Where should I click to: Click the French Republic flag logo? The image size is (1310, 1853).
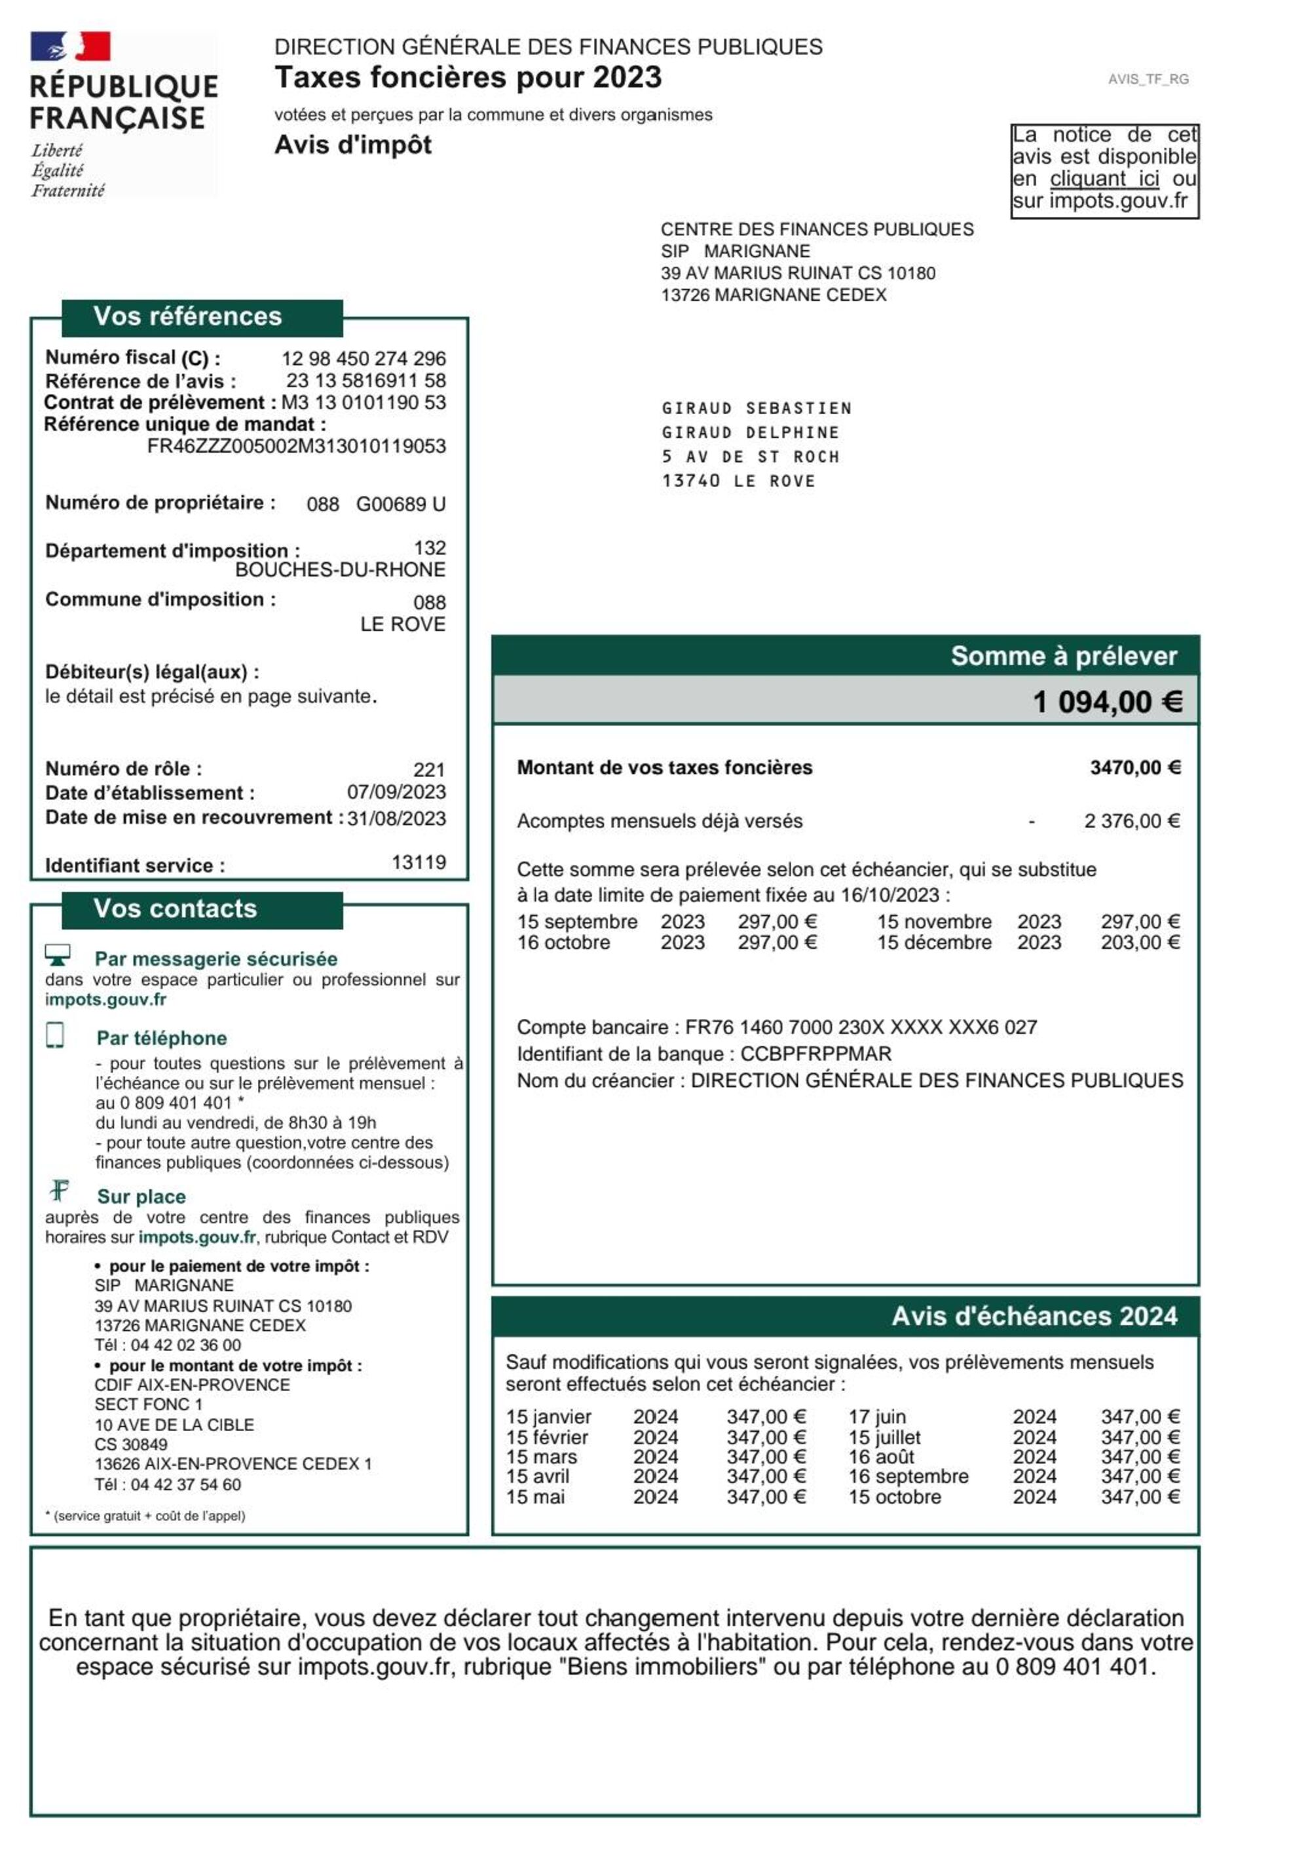[x=70, y=47]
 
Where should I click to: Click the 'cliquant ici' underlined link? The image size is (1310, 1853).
[x=1104, y=178]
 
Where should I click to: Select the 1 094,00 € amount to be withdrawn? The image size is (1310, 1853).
[x=1107, y=701]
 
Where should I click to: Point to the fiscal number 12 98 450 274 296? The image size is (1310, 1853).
[x=363, y=358]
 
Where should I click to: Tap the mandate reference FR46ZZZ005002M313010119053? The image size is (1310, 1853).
[x=296, y=446]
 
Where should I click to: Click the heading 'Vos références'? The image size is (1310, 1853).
[x=187, y=316]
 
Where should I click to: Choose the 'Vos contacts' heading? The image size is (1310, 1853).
[x=175, y=909]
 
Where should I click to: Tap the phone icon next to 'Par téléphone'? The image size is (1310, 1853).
[x=55, y=1035]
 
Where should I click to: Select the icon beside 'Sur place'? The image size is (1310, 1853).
[x=60, y=1191]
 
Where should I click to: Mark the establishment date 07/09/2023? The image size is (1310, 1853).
[x=396, y=792]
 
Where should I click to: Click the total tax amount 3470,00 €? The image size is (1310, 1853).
[x=1135, y=767]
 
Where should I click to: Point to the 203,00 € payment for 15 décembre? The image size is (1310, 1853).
[x=1140, y=943]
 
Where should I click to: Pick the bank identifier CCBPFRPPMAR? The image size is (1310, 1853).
[x=815, y=1054]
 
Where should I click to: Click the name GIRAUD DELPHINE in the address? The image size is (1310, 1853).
[x=750, y=432]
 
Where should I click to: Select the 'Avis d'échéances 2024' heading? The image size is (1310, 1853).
[x=1034, y=1316]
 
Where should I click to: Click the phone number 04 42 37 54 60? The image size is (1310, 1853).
[x=185, y=1484]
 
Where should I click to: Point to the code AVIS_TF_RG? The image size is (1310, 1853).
[x=1148, y=79]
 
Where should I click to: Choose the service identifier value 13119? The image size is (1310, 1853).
[x=419, y=863]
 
